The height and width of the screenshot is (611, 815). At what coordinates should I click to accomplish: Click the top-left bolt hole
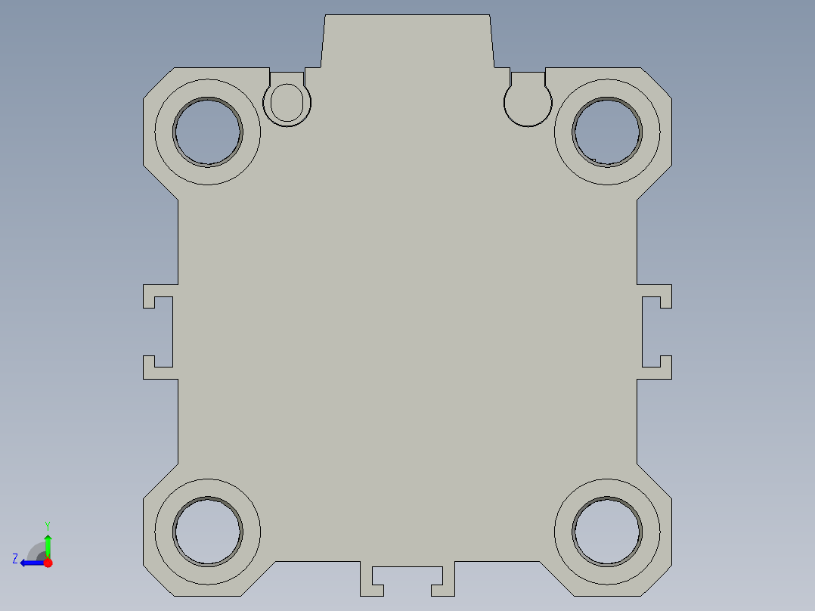point(208,132)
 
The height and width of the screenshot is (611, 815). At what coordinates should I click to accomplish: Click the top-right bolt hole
point(607,132)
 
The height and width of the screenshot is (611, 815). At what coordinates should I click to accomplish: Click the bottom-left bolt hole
point(208,531)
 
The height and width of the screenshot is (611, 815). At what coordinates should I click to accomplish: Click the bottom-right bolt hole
point(607,531)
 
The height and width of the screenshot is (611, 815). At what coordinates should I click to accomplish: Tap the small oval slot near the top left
point(287,102)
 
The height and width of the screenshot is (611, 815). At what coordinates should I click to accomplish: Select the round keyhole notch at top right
point(528,102)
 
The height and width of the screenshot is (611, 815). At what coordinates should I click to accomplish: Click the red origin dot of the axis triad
point(48,563)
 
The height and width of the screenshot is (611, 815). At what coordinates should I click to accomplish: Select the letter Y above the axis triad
point(48,525)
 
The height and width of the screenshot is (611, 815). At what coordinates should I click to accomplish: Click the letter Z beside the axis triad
point(15,558)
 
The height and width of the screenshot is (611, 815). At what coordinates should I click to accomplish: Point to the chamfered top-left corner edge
point(160,82)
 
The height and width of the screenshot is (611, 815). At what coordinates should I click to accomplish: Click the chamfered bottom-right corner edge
point(655,580)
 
